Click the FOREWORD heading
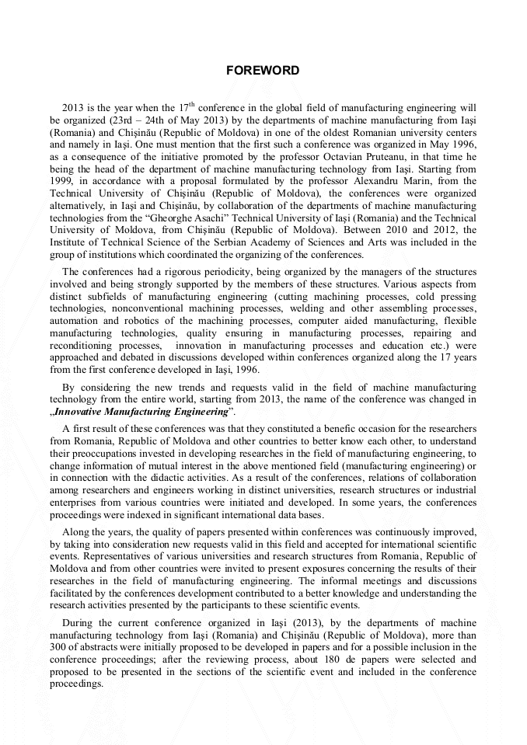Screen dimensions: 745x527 point(263,71)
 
